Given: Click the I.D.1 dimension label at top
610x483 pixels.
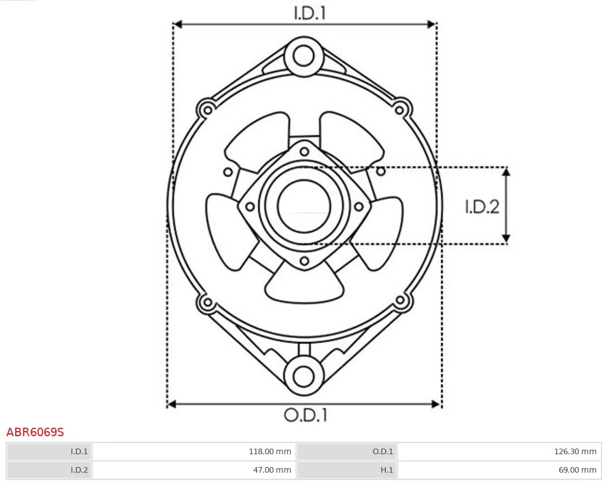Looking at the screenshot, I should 310,13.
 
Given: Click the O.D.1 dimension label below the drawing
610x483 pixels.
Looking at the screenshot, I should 305,415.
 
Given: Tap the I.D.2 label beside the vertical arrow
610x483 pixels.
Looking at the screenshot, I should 482,207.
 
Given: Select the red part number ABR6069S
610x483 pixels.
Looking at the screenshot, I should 35,433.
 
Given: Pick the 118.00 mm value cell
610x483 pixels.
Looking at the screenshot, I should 270,451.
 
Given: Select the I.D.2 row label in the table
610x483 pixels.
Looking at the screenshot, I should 79,470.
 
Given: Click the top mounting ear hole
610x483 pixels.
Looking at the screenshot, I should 304,56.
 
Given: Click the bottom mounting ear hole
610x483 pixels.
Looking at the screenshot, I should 304,376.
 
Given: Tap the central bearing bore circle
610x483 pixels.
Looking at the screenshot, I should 304,206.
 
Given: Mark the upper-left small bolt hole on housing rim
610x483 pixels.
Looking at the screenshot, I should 207,108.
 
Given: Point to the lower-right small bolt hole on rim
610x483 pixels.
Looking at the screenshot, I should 400,300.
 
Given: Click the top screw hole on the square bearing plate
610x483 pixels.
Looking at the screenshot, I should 304,151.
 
